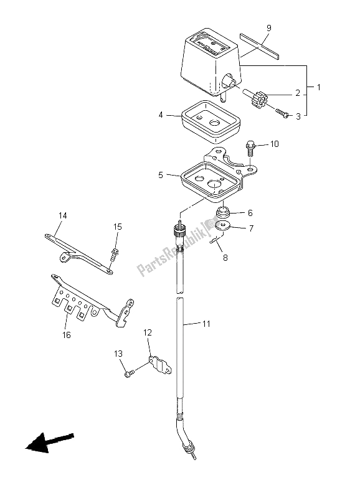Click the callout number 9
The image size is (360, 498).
[269, 28]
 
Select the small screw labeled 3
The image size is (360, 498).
[283, 113]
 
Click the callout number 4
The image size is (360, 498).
[161, 115]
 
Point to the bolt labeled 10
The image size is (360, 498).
[249, 148]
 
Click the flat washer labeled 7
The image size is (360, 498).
[224, 226]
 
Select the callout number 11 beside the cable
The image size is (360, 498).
[207, 324]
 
